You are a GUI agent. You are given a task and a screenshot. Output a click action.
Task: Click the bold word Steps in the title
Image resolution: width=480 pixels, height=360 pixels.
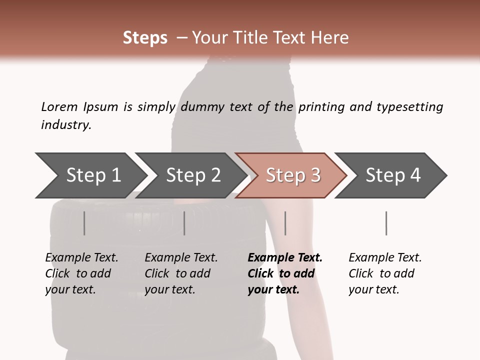click(145, 38)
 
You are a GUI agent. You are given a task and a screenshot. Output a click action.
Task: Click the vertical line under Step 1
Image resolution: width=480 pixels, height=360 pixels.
click(84, 223)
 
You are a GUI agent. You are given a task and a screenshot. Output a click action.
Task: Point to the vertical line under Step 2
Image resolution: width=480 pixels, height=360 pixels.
click(184, 223)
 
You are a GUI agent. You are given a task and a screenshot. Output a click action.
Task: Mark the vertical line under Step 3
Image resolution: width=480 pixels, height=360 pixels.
click(285, 223)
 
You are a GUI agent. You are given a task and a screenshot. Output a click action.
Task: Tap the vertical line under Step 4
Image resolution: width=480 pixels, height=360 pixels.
click(386, 223)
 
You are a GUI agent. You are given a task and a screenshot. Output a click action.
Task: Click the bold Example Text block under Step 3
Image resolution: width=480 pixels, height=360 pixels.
click(284, 273)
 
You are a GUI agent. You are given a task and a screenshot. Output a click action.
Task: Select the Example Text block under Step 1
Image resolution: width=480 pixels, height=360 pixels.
click(81, 273)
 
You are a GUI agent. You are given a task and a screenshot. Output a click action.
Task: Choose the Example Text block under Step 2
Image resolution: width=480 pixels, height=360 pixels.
click(181, 273)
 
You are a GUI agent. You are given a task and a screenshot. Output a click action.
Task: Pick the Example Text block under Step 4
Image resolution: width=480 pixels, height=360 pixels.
click(385, 273)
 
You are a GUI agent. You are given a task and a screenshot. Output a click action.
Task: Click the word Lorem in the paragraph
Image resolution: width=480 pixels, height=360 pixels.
click(59, 107)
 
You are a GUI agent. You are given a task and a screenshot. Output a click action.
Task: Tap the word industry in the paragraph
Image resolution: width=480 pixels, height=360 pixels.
click(66, 125)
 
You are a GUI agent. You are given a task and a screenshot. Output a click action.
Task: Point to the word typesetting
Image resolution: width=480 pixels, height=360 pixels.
click(409, 107)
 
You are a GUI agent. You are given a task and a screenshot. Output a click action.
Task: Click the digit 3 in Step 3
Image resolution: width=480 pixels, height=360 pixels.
click(315, 175)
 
